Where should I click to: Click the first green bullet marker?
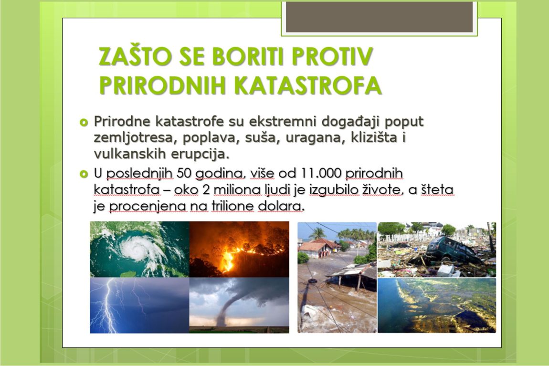point(84,123)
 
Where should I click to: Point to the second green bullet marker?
point(84,174)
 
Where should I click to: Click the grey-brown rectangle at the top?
point(379,17)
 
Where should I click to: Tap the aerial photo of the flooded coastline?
point(437,305)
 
